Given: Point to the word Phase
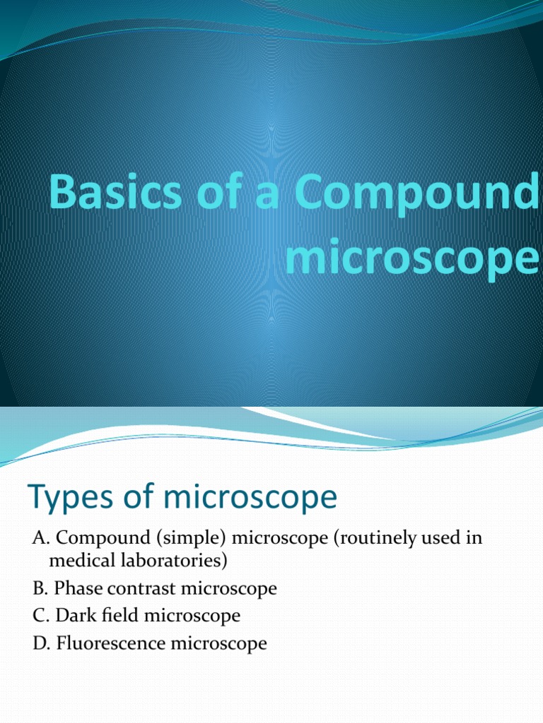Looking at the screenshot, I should [x=78, y=588].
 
